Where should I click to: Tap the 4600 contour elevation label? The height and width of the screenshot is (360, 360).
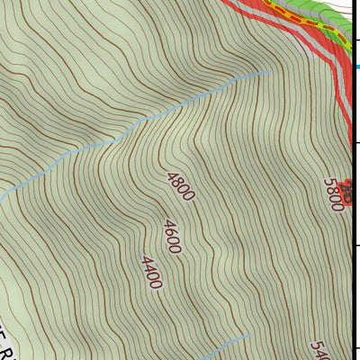(171, 237)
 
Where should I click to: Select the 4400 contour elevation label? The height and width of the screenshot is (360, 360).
(151, 273)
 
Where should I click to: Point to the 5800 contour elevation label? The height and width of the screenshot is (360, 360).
(334, 193)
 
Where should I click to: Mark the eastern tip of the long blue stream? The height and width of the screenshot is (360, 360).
(270, 71)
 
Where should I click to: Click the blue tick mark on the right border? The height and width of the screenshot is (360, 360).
(356, 66)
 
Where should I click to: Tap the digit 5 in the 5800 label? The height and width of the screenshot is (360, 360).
(329, 183)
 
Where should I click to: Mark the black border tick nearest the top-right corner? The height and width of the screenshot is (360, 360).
(356, 40)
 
